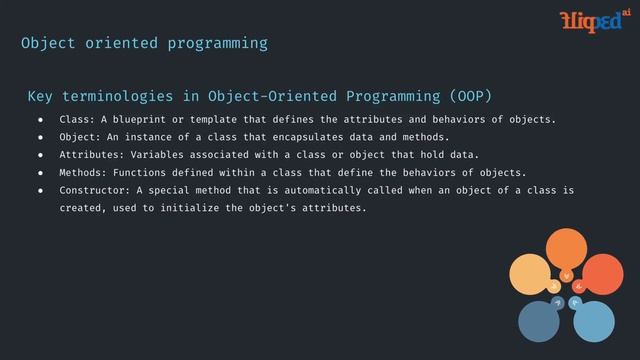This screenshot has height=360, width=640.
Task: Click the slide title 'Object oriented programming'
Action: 145,44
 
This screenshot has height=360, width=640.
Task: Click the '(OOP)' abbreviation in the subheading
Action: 470,96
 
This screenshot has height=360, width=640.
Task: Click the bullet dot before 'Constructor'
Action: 41,190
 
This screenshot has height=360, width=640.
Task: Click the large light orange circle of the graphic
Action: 529,277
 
